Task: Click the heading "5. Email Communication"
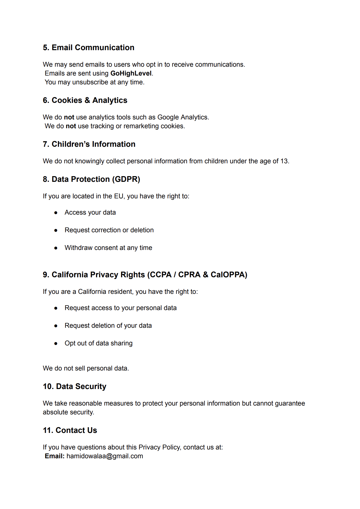pos(88,48)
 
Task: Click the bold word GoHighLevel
pos(131,74)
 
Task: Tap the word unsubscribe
pos(90,82)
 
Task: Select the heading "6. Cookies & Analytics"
pos(85,100)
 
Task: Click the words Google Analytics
pos(183,117)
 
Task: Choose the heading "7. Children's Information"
pos(89,144)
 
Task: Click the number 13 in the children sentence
pos(284,161)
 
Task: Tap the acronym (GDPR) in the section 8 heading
pos(126,179)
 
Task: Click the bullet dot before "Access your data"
pos(56,213)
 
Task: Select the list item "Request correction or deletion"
pos(109,230)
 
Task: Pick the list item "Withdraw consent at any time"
pos(108,248)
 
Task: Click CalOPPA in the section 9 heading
pos(229,275)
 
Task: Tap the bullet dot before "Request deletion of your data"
pos(56,326)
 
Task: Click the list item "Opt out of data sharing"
pos(99,343)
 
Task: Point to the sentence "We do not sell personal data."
pos(86,368)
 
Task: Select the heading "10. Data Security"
pos(74,386)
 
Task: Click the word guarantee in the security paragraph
pos(290,404)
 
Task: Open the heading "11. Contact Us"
pos(70,430)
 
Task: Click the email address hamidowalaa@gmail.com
pos(105,456)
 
